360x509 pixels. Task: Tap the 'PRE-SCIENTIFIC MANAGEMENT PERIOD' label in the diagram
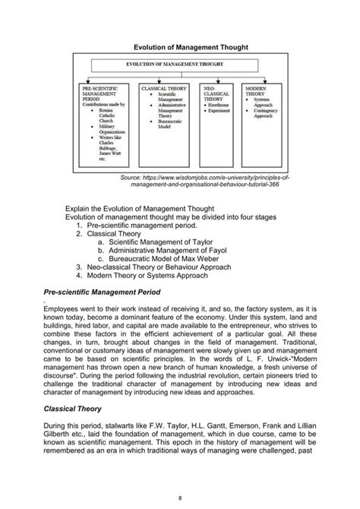(98, 95)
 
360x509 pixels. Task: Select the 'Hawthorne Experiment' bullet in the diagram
(224, 108)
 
